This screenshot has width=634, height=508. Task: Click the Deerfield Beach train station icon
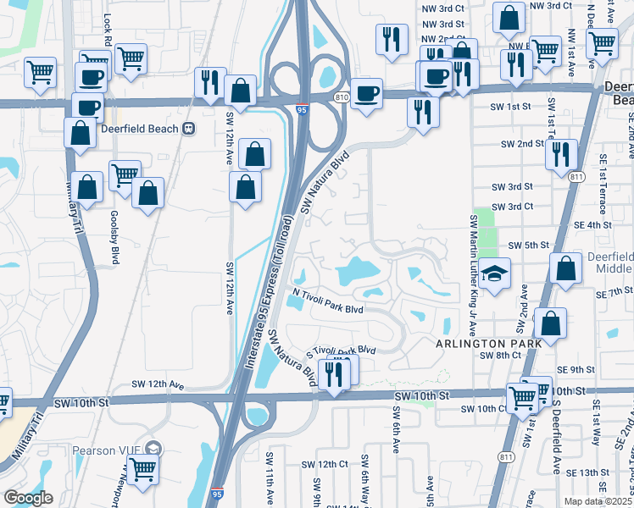(x=189, y=129)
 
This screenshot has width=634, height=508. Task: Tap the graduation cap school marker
(x=494, y=273)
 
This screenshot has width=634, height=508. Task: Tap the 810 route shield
(x=341, y=97)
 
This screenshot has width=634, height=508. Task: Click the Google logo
(x=28, y=498)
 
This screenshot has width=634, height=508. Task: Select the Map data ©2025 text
(x=597, y=501)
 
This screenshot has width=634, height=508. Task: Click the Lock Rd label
(x=108, y=52)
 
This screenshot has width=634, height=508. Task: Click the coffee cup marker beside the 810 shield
(x=366, y=93)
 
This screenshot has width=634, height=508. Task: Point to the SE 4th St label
(x=592, y=224)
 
